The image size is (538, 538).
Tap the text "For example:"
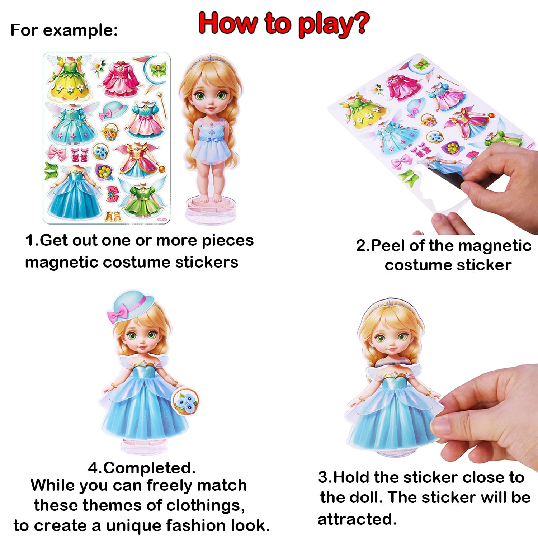tap(64, 30)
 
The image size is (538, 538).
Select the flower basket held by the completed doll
tap(185, 402)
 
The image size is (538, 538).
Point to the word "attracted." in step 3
tap(357, 519)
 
